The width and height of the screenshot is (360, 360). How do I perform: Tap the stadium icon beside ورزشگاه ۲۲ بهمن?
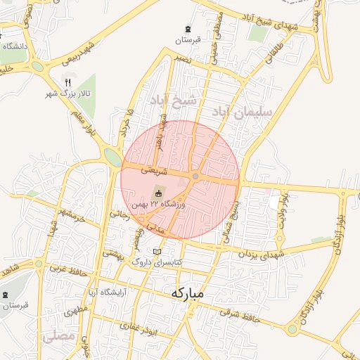point(158,193)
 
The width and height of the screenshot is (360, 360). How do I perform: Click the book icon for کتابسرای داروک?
point(157,252)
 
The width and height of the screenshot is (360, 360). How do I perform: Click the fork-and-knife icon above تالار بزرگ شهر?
point(68,82)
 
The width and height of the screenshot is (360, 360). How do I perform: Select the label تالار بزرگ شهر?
point(61,93)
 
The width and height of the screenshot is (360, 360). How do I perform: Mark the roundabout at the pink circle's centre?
point(195,176)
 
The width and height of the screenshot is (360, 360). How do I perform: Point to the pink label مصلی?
point(58,337)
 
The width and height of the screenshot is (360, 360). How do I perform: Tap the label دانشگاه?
point(15,46)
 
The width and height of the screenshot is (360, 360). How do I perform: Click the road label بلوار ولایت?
point(283,206)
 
